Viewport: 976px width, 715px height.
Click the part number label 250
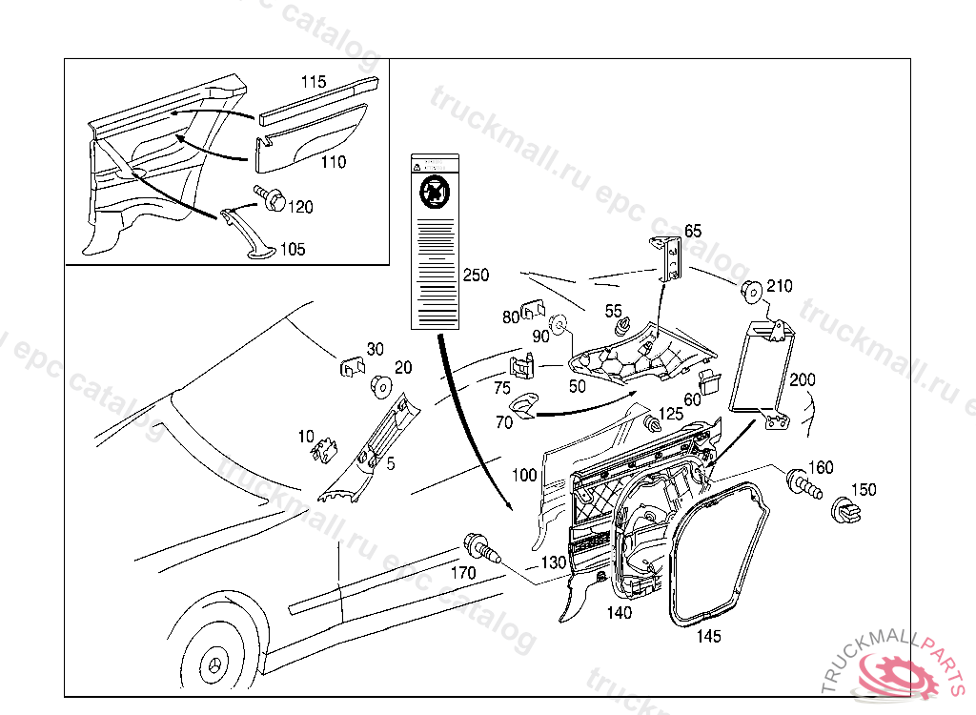[476, 276]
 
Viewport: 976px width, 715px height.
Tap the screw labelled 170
[479, 547]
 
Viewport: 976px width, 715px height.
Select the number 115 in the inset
[314, 82]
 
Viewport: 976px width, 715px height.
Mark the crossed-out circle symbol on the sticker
[435, 193]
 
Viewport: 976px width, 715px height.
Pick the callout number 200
[803, 379]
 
